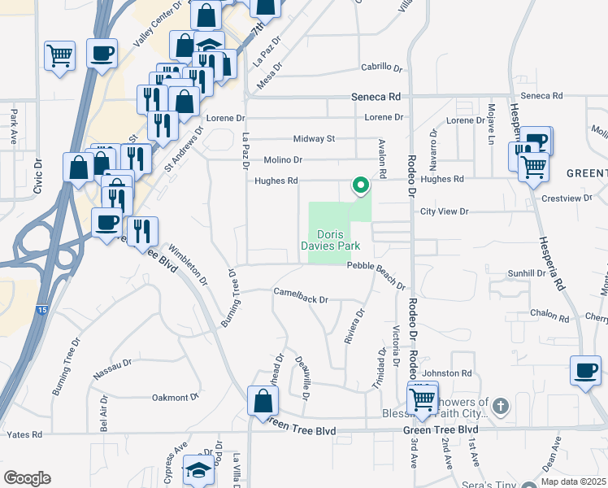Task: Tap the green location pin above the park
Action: (360, 186)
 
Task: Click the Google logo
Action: (28, 478)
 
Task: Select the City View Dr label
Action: (445, 211)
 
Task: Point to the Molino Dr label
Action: (283, 160)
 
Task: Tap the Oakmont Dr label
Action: (176, 398)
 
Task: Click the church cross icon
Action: (502, 403)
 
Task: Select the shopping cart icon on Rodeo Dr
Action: (423, 399)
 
